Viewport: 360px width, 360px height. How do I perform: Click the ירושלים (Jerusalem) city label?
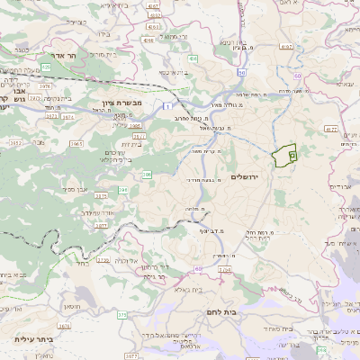point(244,176)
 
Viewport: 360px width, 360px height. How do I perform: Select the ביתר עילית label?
point(35,339)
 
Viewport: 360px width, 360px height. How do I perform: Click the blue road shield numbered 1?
point(167,106)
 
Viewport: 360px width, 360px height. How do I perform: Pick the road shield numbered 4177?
point(330,130)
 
